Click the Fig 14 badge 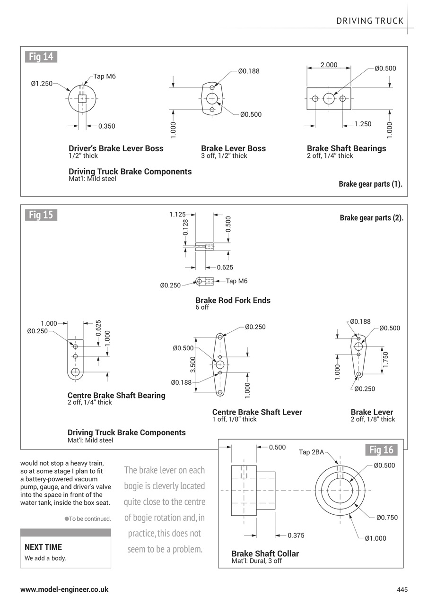point(41,57)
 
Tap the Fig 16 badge point(381,449)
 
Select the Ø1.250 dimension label point(42,84)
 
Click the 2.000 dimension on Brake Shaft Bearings point(329,65)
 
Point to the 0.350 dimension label point(106,126)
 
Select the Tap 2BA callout point(311,452)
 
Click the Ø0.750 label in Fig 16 point(387,517)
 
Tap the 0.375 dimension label point(296,536)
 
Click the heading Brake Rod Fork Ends point(233,300)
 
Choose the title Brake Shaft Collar point(265,553)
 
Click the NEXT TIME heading point(43,547)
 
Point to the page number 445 point(402,589)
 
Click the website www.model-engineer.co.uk point(64,589)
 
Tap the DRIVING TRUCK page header point(370,21)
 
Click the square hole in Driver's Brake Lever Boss point(82,98)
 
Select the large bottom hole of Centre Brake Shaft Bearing point(75,372)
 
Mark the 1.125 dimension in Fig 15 point(177,215)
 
